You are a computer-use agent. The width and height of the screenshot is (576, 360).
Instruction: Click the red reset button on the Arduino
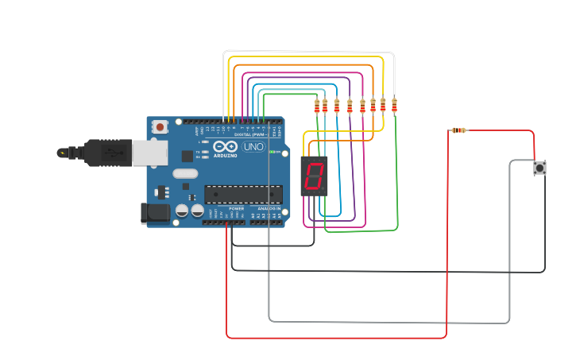(x=160, y=126)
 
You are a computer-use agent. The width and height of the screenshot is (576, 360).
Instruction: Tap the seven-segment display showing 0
(x=314, y=175)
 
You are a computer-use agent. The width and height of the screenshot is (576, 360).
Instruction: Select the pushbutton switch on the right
(x=540, y=168)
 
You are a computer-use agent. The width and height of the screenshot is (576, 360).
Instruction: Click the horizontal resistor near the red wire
(x=458, y=130)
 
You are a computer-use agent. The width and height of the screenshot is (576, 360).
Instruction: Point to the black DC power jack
(x=155, y=212)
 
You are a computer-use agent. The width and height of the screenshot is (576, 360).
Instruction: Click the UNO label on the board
(x=253, y=147)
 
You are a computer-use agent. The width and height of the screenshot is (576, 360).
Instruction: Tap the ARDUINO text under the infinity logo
(x=225, y=155)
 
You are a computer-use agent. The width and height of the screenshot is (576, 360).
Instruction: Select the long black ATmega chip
(x=243, y=194)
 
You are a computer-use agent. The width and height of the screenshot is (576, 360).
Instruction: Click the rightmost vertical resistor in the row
(x=394, y=105)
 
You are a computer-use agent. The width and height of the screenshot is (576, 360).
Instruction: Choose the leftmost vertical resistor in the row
(x=317, y=105)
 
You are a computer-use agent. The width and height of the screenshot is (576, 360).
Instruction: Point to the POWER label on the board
(x=236, y=208)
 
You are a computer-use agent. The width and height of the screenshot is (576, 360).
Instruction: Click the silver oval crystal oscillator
(x=184, y=173)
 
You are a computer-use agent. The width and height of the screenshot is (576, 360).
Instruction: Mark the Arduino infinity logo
(x=225, y=146)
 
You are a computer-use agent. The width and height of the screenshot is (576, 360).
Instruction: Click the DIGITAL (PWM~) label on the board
(x=249, y=134)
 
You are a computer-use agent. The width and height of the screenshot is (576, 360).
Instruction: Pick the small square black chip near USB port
(x=187, y=156)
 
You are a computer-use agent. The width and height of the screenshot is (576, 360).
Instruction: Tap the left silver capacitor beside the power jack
(x=182, y=211)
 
